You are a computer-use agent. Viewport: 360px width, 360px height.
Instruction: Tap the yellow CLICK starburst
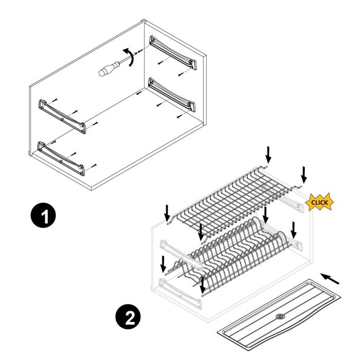(x=319, y=203)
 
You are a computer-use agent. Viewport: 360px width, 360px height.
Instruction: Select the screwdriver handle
(x=106, y=70)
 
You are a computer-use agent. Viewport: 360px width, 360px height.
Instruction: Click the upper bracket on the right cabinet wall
(x=173, y=51)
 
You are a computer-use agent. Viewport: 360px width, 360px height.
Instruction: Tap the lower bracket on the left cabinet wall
(x=61, y=155)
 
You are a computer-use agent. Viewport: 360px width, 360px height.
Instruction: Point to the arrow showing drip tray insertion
(x=330, y=278)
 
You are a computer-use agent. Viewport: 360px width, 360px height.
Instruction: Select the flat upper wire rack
(x=231, y=195)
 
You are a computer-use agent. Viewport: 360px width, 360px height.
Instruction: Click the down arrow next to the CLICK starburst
(x=304, y=174)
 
